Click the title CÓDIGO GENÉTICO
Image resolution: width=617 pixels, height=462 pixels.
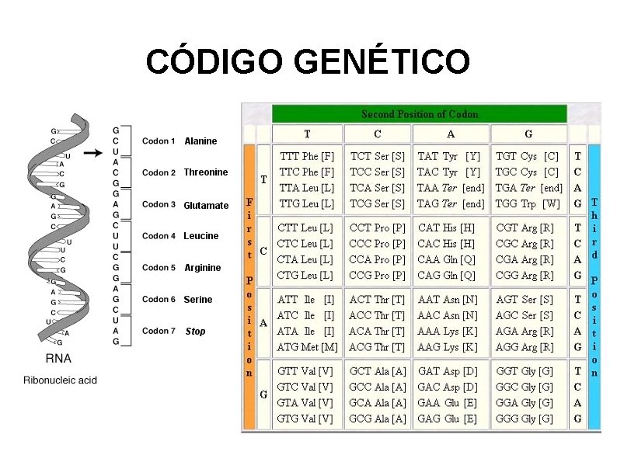point(307,61)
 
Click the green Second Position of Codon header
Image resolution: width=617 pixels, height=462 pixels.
point(419,114)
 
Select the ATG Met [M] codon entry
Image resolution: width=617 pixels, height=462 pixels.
point(307,347)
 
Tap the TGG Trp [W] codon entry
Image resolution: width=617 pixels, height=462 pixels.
point(528,203)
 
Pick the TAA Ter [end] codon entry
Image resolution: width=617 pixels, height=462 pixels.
point(451,188)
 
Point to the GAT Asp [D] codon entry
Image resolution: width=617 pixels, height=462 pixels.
point(448,371)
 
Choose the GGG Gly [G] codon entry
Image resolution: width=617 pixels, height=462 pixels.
point(525,419)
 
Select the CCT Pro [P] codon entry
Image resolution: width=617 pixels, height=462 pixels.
point(378,228)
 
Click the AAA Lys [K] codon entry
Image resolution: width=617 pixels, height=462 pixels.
point(448,331)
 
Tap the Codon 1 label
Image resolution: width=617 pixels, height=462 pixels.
point(159,141)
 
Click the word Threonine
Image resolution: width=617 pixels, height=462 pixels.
point(206,172)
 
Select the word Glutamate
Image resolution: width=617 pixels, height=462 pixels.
point(206,206)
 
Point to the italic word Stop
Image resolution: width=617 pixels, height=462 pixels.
point(196,332)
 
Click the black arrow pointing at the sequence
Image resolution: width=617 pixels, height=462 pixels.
point(92,153)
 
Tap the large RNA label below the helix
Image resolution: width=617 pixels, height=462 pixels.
point(60,360)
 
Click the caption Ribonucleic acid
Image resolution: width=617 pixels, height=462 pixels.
point(60,380)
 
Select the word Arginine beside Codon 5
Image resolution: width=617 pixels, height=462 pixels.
point(203,268)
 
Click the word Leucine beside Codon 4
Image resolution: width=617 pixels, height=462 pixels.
point(201,236)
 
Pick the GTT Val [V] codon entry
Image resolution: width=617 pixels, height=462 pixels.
point(305,371)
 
